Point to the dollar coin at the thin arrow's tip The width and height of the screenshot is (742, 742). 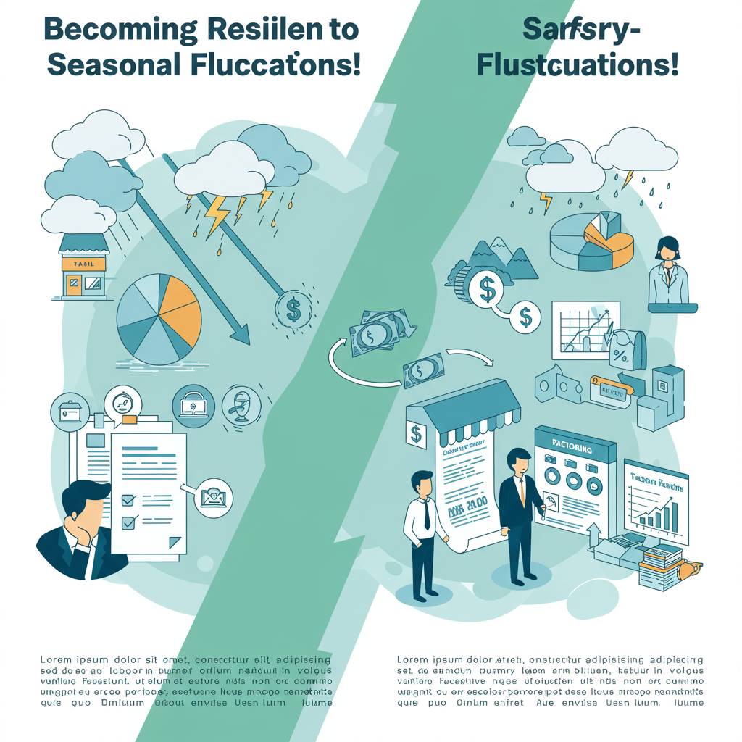click(293, 310)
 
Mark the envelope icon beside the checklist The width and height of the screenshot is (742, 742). click(214, 496)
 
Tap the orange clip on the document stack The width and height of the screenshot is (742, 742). click(130, 419)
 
